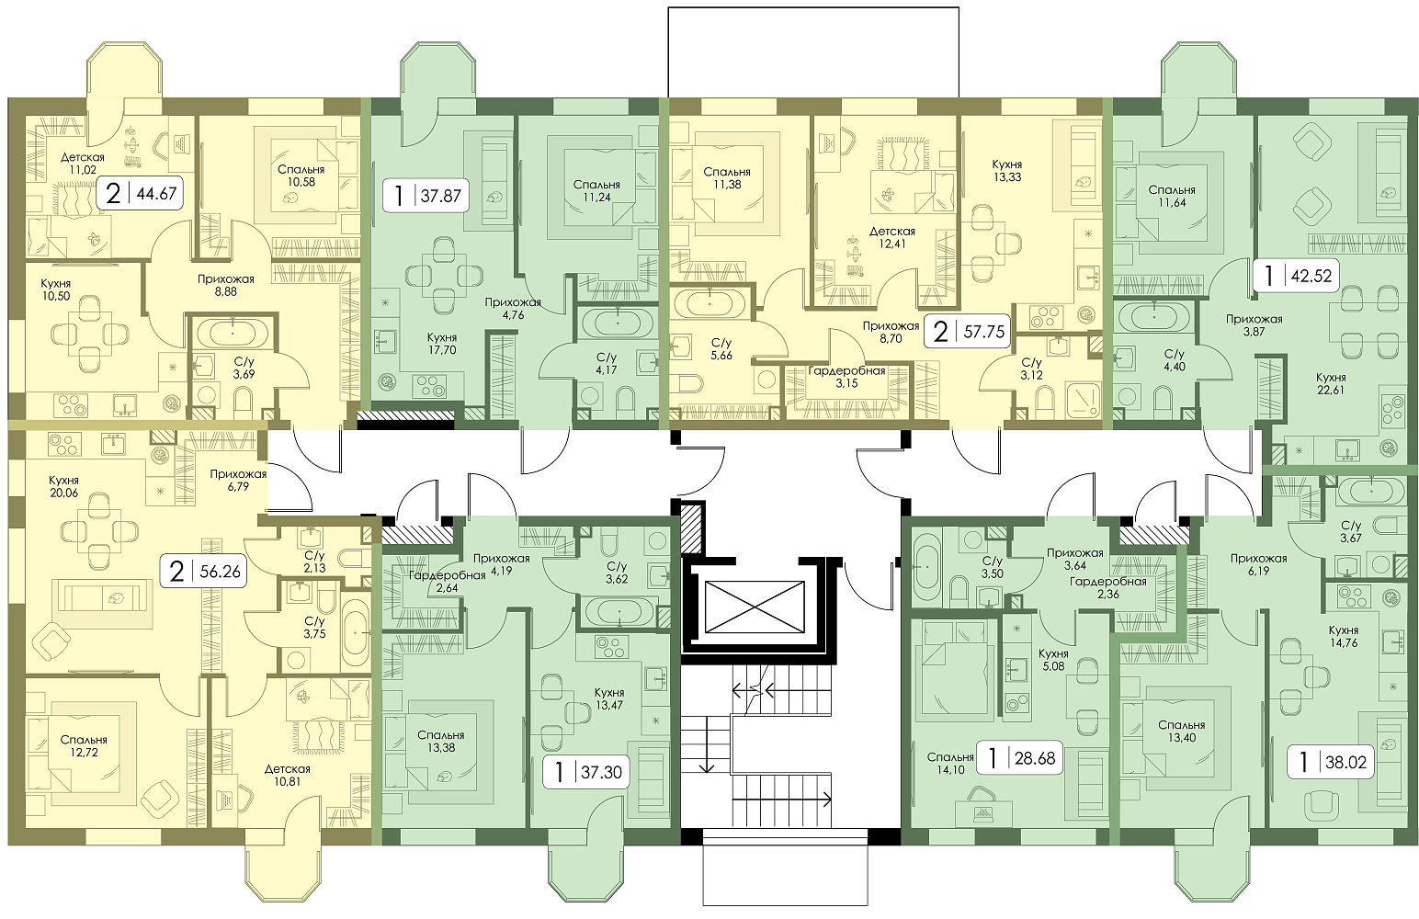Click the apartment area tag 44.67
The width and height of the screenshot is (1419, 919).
click(x=140, y=193)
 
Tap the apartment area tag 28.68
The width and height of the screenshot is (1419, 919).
click(x=1018, y=758)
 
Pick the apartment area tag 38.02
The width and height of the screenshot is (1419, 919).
click(x=1332, y=763)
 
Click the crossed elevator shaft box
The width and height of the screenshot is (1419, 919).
click(x=754, y=607)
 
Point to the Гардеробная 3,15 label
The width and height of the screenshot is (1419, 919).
click(x=846, y=377)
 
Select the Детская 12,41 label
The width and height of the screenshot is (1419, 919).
click(x=892, y=237)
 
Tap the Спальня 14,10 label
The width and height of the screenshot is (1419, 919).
click(x=950, y=764)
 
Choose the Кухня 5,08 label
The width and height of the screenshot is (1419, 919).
click(x=1053, y=660)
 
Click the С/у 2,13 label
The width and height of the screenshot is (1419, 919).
click(x=314, y=562)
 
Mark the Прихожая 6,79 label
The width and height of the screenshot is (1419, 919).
click(x=238, y=480)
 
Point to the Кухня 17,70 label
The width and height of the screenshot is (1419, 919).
click(x=441, y=344)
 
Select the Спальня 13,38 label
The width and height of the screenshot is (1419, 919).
click(x=441, y=742)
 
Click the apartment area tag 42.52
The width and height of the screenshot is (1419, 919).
click(x=1297, y=276)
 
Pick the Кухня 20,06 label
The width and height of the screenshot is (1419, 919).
click(x=63, y=486)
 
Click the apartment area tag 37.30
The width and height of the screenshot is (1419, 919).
click(x=587, y=771)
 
